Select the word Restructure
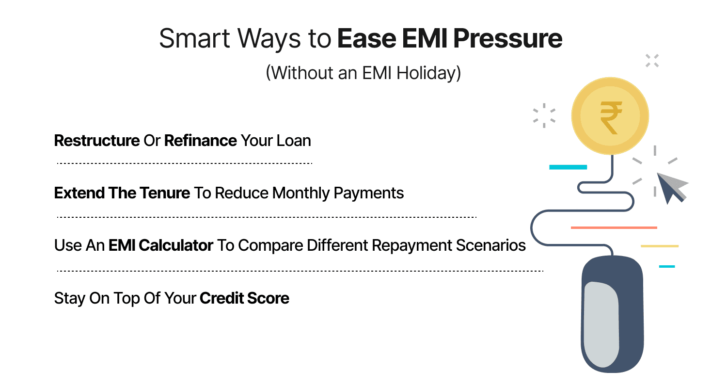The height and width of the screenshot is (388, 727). tap(96, 141)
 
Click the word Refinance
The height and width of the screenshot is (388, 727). tap(200, 141)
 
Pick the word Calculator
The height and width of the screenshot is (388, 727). tap(176, 245)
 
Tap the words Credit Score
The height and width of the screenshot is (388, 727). tap(244, 298)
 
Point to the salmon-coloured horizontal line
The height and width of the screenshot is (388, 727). tap(614, 227)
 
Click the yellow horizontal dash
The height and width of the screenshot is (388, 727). tap(659, 246)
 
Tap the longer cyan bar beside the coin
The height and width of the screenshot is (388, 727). tap(568, 167)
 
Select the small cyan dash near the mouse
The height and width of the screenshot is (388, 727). tap(666, 266)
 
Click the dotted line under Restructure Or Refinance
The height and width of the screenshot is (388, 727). tap(184, 163)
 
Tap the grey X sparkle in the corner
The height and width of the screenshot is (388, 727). tap(652, 61)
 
